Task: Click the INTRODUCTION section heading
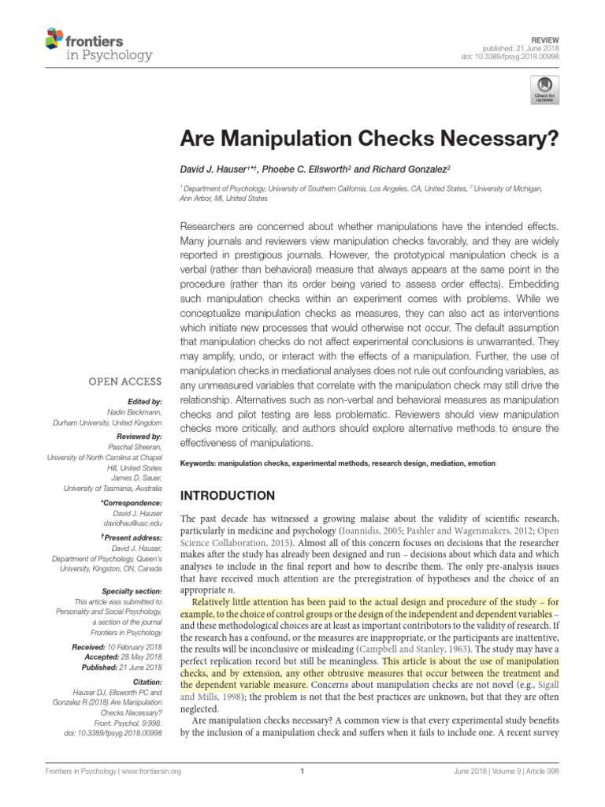[x=228, y=496]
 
